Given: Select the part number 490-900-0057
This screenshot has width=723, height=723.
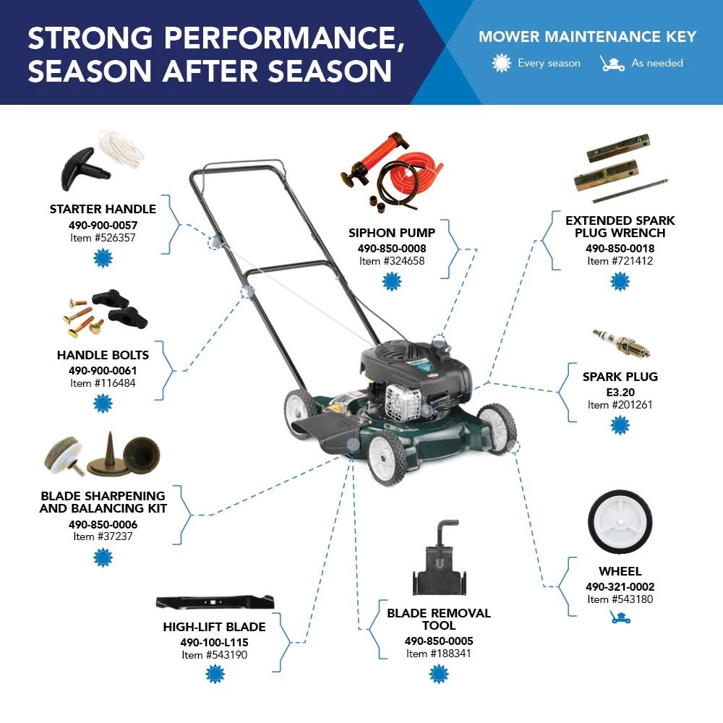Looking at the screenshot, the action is click(103, 225).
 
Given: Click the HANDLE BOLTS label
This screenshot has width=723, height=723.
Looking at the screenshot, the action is click(103, 355).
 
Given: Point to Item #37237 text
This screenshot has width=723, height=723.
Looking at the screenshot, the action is click(103, 536).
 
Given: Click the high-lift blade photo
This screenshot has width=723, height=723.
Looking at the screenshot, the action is click(215, 602).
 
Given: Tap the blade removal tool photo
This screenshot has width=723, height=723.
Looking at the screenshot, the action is click(440, 558).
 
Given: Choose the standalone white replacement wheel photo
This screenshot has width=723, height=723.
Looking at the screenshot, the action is click(620, 522).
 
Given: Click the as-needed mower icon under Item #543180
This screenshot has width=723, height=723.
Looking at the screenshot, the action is click(620, 617).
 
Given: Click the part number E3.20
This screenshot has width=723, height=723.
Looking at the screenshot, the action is click(620, 393).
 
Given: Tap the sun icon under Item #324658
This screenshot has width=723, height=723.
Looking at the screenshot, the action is click(392, 281).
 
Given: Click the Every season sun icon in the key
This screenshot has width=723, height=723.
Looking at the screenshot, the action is click(501, 63).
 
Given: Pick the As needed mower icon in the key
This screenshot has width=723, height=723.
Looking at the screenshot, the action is click(612, 63).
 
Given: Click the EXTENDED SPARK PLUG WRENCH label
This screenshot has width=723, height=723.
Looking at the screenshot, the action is click(620, 226).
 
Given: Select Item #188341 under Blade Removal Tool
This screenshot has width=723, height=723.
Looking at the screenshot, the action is click(439, 654).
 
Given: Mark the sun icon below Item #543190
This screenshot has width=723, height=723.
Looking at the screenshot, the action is click(215, 674).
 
